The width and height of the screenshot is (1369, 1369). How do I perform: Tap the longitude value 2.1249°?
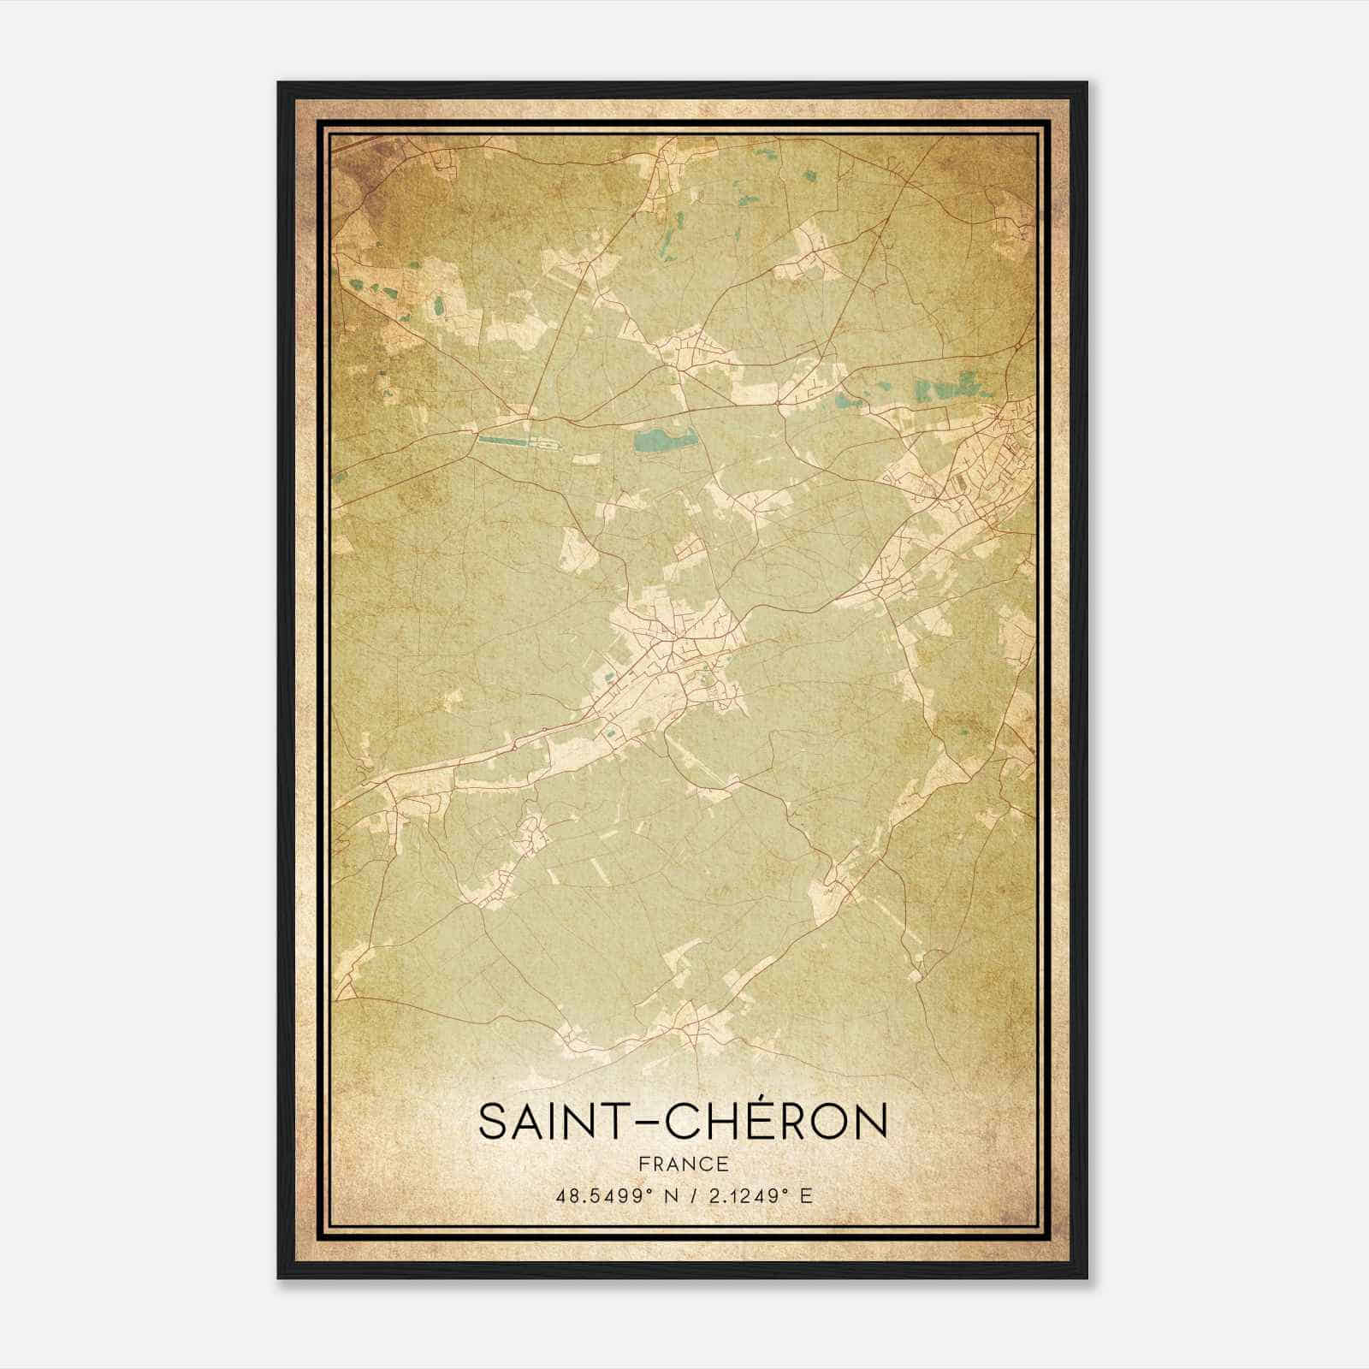click(x=744, y=1195)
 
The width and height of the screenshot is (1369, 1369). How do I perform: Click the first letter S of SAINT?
click(x=491, y=1123)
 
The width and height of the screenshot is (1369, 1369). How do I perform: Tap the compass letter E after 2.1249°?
click(x=805, y=1195)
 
